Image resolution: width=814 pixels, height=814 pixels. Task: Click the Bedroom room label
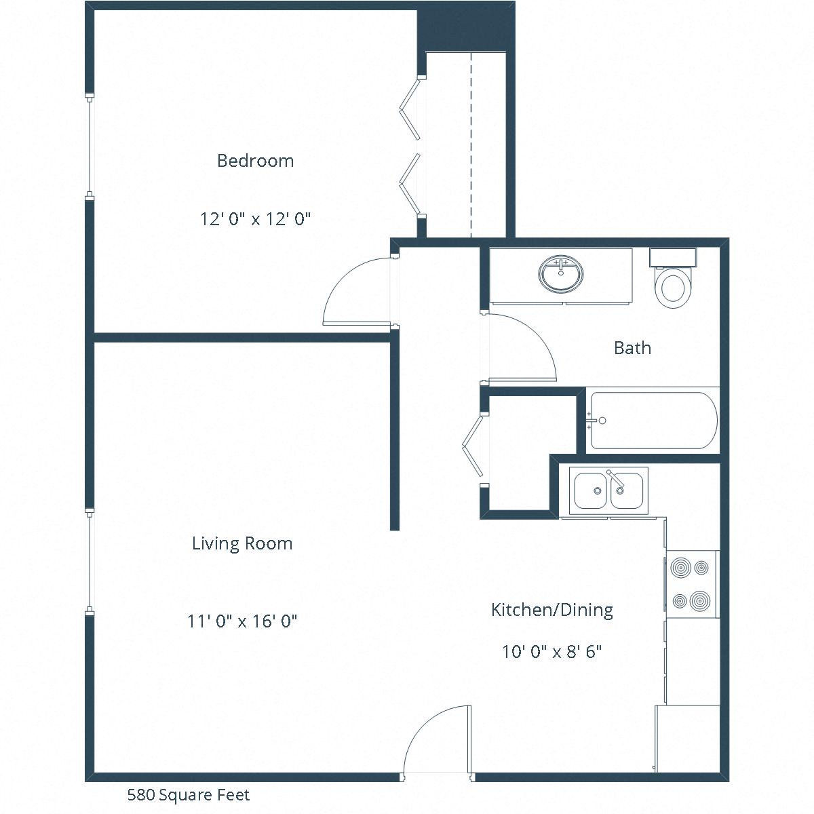[x=255, y=161]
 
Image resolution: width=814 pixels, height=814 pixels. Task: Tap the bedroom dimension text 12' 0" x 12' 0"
[x=255, y=219]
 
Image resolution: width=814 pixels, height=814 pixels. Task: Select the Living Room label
[x=242, y=543]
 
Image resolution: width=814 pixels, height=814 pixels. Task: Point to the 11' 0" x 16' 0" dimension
[x=242, y=621]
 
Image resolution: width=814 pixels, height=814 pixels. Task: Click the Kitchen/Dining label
[x=551, y=610]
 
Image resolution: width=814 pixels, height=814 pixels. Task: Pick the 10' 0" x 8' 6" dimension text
[x=552, y=652]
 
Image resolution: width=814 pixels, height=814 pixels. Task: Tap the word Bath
[x=632, y=348]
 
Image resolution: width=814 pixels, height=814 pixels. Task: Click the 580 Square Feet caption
[x=189, y=794]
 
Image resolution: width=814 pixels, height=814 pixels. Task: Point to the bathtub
[x=653, y=421]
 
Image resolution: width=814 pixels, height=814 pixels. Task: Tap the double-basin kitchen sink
[x=608, y=490]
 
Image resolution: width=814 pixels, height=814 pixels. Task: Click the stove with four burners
[x=691, y=584]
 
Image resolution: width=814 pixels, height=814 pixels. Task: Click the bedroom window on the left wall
[x=89, y=147]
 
